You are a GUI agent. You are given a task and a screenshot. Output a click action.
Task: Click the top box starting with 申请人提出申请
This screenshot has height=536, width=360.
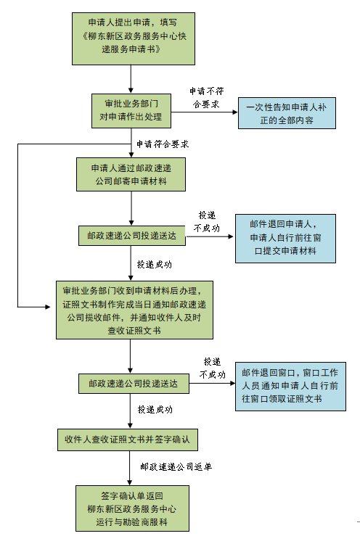[x=134, y=38]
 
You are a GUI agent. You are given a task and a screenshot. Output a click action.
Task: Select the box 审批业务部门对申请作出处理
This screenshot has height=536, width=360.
[x=131, y=111]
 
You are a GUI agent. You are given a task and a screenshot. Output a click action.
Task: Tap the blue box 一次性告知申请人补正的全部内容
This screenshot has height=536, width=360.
[x=287, y=113]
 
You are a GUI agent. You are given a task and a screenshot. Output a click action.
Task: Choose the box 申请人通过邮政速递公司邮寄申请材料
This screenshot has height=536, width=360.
[x=131, y=174]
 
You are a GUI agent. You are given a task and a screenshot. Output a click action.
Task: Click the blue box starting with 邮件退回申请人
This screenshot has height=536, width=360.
[x=285, y=239]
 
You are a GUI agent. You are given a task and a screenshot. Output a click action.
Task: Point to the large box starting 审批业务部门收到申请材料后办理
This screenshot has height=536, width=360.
[x=134, y=310]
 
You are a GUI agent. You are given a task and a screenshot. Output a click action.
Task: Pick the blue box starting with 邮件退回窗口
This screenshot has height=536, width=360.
[x=290, y=387]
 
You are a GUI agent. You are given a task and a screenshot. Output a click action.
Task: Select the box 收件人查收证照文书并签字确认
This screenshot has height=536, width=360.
[x=128, y=440]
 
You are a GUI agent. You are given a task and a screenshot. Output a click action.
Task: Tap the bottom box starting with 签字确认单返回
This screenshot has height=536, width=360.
[x=132, y=508]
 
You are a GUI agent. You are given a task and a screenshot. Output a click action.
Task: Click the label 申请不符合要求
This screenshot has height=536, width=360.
[x=206, y=97]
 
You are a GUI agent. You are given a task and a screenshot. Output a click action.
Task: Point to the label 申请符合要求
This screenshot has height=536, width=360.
[x=163, y=144]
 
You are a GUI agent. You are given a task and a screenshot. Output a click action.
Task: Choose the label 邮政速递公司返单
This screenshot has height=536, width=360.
[x=176, y=466]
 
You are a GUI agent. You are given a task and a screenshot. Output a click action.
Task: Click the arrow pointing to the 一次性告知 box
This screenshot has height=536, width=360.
[x=204, y=112]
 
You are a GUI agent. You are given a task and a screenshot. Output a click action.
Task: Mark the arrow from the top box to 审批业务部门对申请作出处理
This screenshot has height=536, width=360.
[x=131, y=79]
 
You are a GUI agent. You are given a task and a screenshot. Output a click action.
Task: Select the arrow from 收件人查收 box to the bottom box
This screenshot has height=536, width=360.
[x=130, y=468]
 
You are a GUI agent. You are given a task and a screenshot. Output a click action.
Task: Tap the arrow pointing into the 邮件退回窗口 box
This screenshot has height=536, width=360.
[x=212, y=383]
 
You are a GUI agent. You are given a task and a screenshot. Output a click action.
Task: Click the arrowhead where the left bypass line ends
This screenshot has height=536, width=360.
[x=48, y=307]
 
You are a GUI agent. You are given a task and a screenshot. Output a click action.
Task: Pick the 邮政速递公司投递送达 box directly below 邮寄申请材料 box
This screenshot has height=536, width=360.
[x=132, y=236]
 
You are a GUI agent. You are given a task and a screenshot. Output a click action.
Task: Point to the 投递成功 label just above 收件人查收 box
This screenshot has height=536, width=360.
[x=155, y=410]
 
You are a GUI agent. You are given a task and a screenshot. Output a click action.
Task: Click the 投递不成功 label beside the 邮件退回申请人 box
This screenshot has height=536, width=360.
[x=207, y=222]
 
